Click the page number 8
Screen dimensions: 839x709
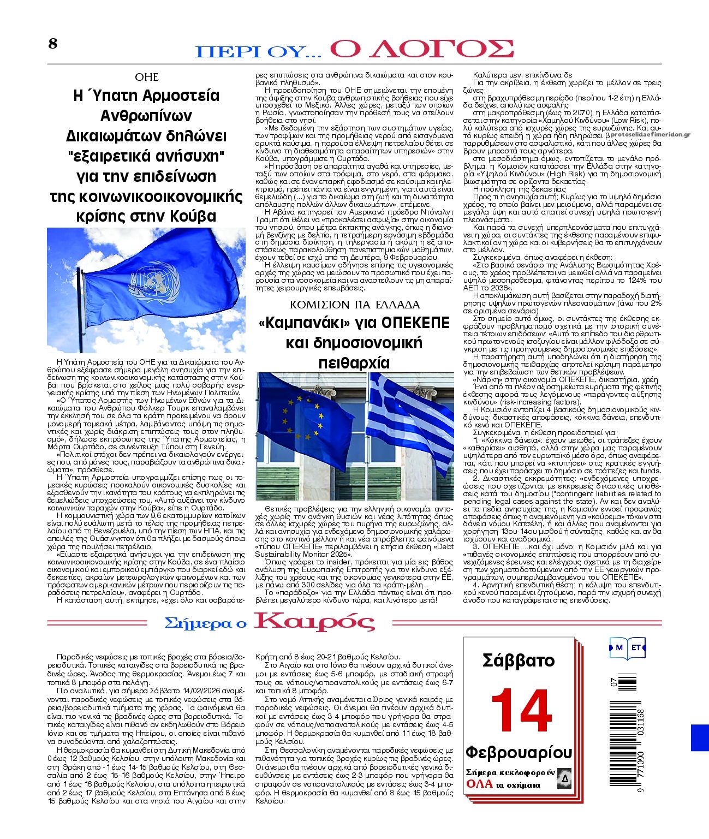coord(52,44)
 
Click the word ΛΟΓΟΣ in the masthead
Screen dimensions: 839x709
coord(422,50)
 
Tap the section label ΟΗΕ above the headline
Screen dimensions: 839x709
coord(146,77)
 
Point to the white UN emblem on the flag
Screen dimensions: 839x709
coord(154,283)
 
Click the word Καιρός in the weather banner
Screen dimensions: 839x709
coord(315,622)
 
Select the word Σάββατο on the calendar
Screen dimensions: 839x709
coord(518,661)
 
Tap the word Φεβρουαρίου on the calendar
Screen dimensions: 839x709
coord(518,752)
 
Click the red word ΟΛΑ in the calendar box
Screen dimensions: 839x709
coord(479,784)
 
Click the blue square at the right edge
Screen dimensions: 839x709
coord(700,737)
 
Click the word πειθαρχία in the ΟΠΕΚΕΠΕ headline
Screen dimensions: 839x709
coord(354,363)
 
